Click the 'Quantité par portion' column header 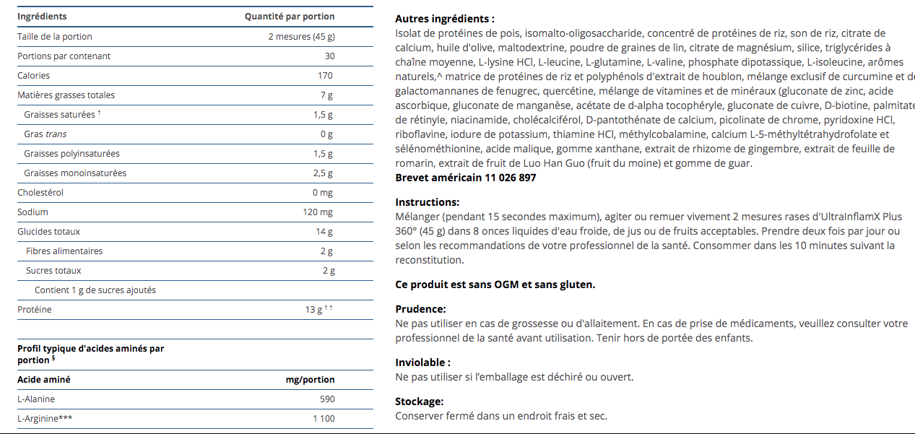click(x=290, y=17)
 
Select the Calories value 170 click(x=325, y=76)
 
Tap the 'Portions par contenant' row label click(x=64, y=56)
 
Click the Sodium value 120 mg click(x=318, y=212)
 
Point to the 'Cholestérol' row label click(x=40, y=193)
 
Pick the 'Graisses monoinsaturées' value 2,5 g click(x=323, y=173)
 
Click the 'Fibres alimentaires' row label click(x=64, y=251)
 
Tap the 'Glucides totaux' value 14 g click(x=324, y=232)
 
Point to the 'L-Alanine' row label click(x=36, y=399)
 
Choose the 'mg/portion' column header click(x=311, y=380)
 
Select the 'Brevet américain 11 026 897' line click(x=466, y=178)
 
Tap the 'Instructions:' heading click(x=427, y=202)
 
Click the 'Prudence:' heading click(x=420, y=309)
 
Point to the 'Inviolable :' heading click(x=422, y=363)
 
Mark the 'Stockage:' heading click(x=420, y=402)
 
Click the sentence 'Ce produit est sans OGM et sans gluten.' click(x=495, y=285)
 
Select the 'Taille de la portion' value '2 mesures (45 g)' click(x=301, y=37)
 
